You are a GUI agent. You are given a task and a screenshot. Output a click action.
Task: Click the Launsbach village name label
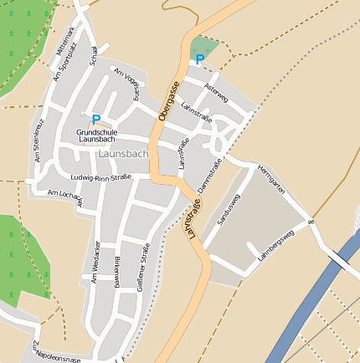(123, 155)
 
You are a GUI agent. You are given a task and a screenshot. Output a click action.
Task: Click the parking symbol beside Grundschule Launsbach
(96, 120)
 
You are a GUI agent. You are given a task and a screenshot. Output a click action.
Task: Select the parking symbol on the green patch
(199, 59)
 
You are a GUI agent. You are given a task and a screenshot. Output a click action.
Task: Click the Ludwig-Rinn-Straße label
(102, 177)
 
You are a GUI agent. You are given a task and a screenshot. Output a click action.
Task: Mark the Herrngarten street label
(273, 179)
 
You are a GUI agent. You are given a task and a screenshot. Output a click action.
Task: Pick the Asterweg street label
(216, 94)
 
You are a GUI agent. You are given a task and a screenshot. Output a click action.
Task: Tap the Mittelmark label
(65, 39)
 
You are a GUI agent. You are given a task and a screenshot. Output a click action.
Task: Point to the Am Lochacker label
(65, 195)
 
